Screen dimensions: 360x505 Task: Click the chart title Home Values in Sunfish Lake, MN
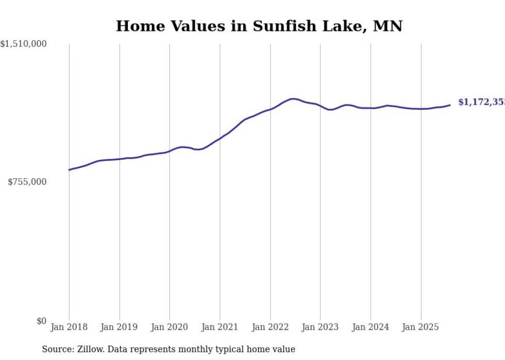pos(259,26)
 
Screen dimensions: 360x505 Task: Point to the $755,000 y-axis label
pos(27,182)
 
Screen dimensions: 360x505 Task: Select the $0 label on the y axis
pos(41,321)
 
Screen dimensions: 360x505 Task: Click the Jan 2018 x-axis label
pos(69,327)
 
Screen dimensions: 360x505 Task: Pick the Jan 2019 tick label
pos(120,327)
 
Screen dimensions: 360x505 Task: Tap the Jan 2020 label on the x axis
pos(170,327)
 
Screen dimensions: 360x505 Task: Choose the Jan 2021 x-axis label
pos(220,327)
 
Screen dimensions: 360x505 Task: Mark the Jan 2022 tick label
pos(270,327)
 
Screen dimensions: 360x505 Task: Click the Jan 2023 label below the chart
pos(320,327)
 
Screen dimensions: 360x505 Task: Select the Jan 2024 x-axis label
pos(371,327)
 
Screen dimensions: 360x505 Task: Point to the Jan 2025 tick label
pos(420,327)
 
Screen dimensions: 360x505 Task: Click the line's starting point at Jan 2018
pos(69,169)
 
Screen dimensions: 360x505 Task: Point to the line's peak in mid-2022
pos(293,98)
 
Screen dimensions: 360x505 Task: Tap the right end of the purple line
pos(450,105)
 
